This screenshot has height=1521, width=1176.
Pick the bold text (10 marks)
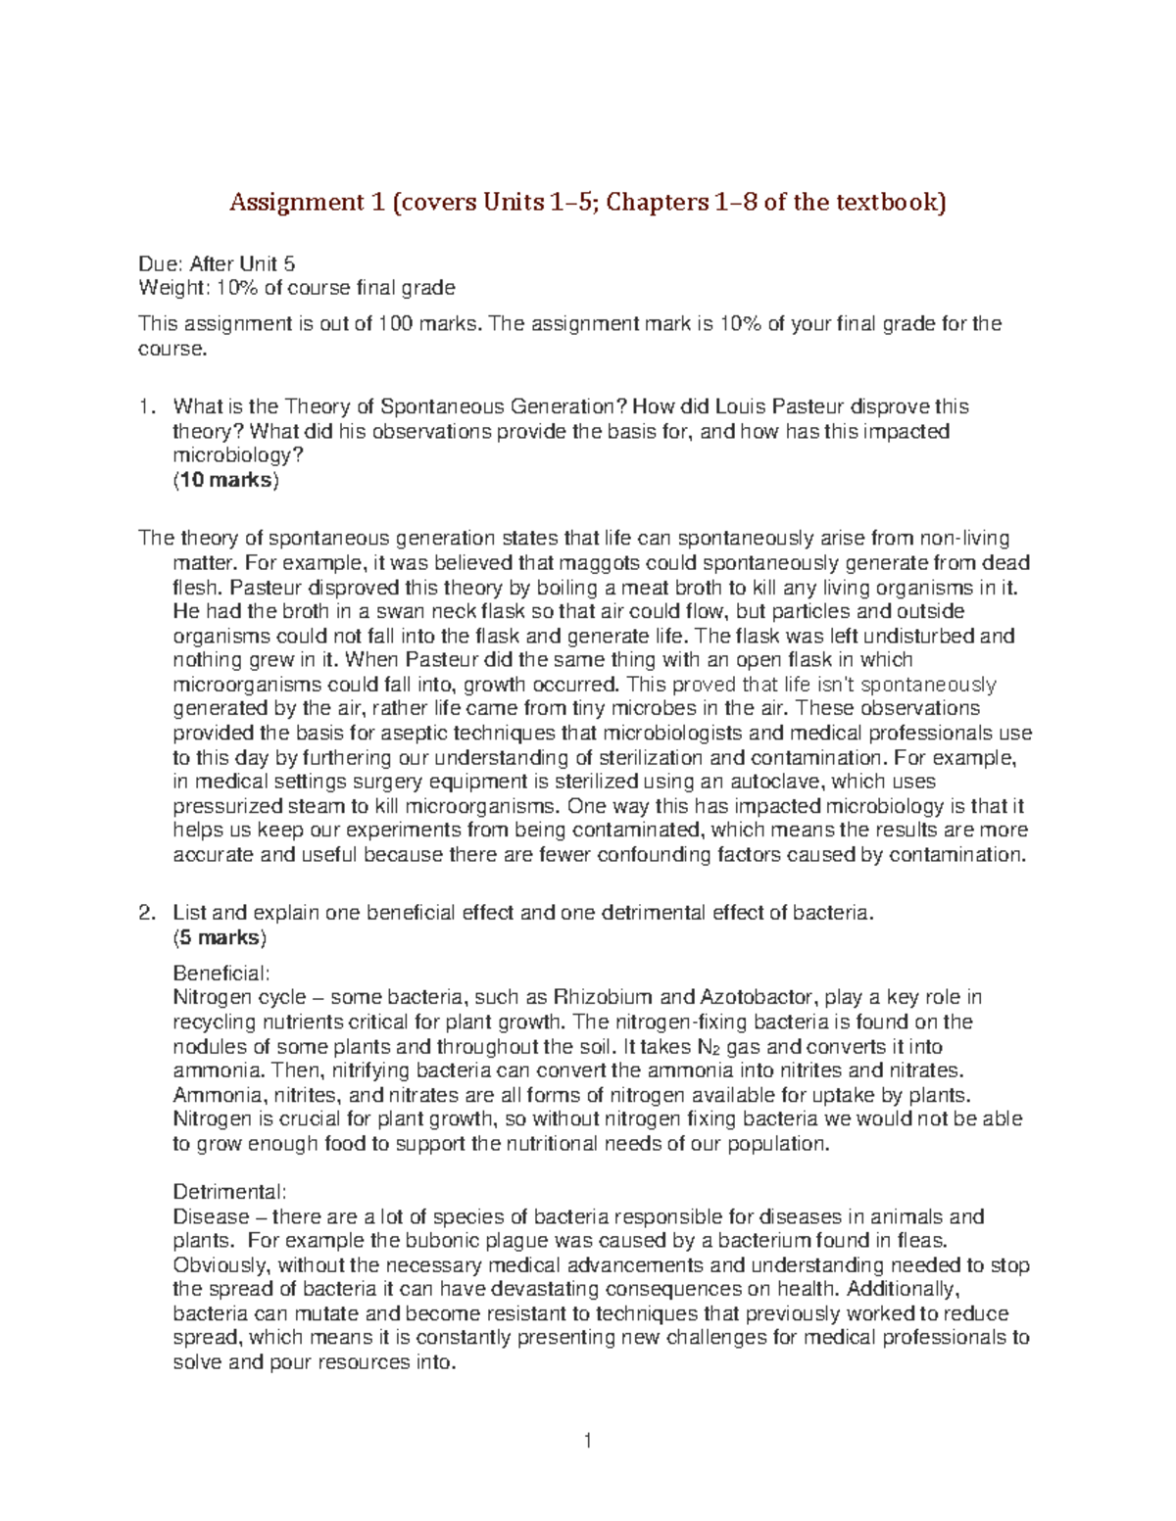tap(225, 481)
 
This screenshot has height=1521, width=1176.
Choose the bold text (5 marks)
tap(220, 937)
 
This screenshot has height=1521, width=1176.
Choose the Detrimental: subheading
tap(229, 1193)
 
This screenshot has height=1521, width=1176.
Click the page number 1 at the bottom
tap(587, 1441)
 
